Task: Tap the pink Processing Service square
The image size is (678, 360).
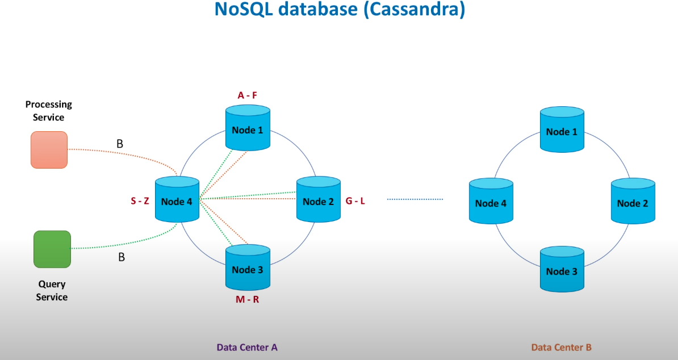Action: click(x=49, y=150)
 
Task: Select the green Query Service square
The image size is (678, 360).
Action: click(x=52, y=249)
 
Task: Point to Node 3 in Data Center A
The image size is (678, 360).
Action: click(x=248, y=269)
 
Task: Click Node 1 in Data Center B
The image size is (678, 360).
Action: click(x=562, y=131)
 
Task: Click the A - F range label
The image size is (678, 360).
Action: click(x=248, y=95)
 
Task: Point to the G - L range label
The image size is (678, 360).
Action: click(x=355, y=200)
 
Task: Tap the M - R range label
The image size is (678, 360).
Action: click(x=248, y=299)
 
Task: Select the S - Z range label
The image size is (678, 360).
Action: click(x=140, y=200)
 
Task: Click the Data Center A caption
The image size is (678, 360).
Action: click(x=247, y=347)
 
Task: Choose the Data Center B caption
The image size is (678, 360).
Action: click(x=562, y=347)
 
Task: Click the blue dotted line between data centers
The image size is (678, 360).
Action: click(x=415, y=199)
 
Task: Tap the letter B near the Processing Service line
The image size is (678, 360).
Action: click(x=120, y=144)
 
